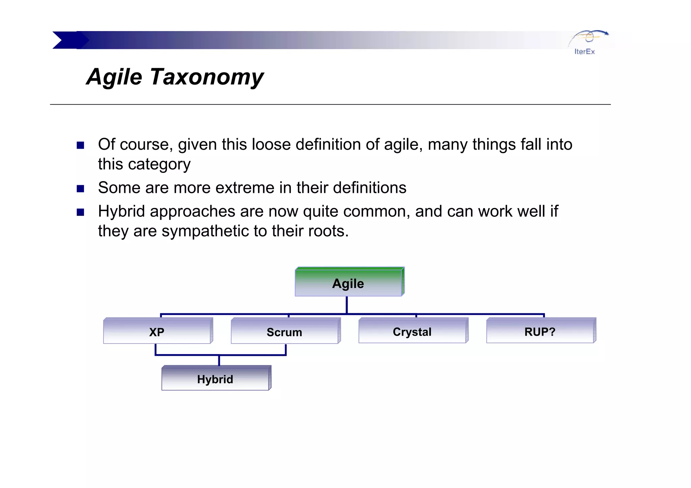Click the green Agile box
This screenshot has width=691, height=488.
tap(349, 283)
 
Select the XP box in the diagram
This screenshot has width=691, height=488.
tap(157, 332)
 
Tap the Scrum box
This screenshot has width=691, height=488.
tap(284, 332)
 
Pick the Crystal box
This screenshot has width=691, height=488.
tap(412, 332)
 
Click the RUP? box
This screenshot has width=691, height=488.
tap(540, 332)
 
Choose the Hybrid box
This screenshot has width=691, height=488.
tap(215, 379)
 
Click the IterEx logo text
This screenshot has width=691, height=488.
tap(584, 52)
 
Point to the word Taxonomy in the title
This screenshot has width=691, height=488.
tap(206, 77)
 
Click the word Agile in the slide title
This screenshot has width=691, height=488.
tap(114, 77)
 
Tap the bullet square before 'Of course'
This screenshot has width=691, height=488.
tap(80, 145)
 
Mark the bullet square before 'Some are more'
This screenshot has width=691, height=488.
tap(80, 189)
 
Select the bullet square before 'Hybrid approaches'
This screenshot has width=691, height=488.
tap(80, 212)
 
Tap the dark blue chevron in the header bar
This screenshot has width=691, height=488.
tap(69, 40)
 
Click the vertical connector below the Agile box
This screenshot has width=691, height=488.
tap(347, 305)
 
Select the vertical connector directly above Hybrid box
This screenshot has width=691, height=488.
tap(219, 361)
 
